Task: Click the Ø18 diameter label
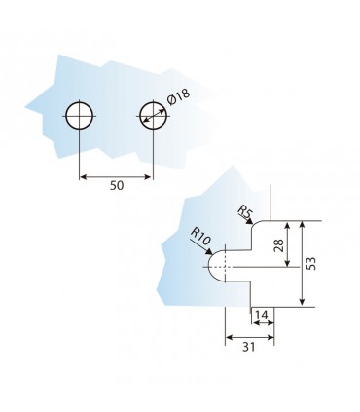click(178, 96)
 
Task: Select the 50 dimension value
click(117, 186)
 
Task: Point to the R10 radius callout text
click(200, 236)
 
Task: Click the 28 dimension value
click(279, 245)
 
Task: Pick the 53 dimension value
click(310, 263)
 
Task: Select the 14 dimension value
click(262, 315)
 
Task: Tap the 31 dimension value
click(249, 347)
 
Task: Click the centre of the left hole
click(79, 116)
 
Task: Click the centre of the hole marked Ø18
click(154, 116)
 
